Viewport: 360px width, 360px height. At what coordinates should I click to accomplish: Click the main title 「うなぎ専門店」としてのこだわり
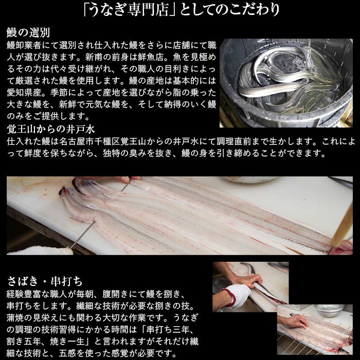pos(182,10)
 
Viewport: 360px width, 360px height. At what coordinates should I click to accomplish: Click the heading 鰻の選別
pos(28,32)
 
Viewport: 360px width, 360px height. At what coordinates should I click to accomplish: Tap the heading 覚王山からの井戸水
pos(51,129)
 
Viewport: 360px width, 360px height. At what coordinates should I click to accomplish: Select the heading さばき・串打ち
pos(45,281)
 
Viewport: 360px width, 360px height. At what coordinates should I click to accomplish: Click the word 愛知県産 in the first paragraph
pos(24,93)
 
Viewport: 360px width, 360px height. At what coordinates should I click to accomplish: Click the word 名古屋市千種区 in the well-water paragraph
pos(89,141)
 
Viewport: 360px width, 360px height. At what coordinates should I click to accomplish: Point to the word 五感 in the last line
pos(67,353)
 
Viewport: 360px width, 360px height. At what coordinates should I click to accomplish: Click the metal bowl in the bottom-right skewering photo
pos(329,311)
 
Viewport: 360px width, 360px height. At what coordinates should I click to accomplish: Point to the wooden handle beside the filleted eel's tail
pos(342,227)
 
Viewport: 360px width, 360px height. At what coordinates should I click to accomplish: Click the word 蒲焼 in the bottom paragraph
pos(15,317)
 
